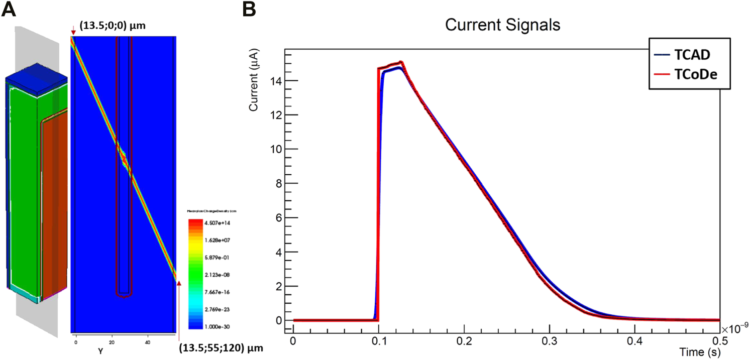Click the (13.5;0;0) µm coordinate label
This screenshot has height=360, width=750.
coord(113,25)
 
